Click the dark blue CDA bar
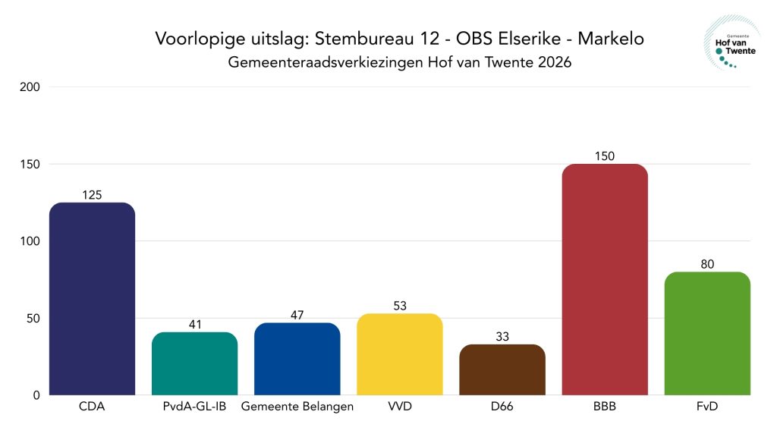tap(92, 299)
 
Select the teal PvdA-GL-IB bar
tap(194, 363)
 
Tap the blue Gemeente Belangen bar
tap(297, 359)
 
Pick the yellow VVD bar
tap(399, 354)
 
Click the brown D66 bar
tap(502, 369)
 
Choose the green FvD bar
tap(706, 334)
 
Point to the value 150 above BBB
tap(604, 156)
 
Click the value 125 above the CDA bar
tap(92, 195)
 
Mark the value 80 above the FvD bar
tap(706, 264)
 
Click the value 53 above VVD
tap(399, 306)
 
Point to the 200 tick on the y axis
tap(30, 87)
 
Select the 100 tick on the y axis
tap(30, 241)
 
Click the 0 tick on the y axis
tap(36, 395)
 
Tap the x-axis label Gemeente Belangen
tap(297, 407)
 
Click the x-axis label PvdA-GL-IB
tap(194, 407)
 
